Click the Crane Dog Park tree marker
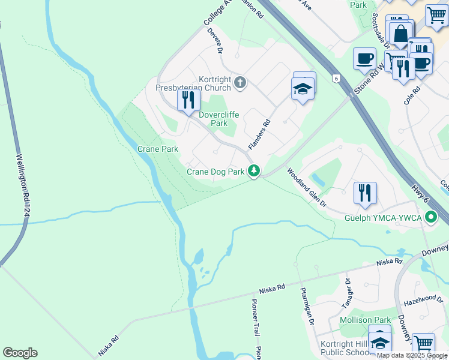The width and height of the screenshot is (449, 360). click(254, 172)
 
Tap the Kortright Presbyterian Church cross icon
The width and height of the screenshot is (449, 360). click(240, 82)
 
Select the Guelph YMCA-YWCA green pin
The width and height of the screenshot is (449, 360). click(430, 217)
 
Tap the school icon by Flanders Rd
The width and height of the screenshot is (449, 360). click(303, 89)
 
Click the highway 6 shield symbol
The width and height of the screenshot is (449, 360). click(337, 78)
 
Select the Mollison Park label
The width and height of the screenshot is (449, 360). click(365, 320)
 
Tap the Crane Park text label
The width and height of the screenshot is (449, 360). click(158, 149)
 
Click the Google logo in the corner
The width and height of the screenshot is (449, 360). click(20, 353)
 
